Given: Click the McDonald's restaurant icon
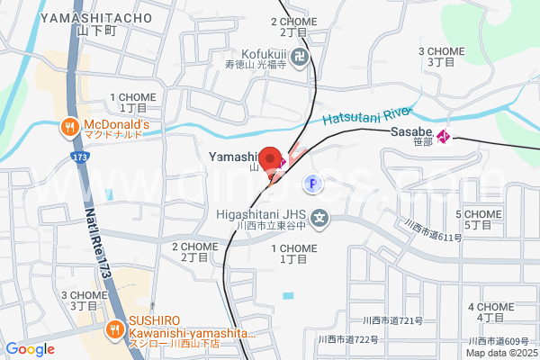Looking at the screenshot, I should tap(68, 127).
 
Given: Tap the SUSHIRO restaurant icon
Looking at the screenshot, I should tap(114, 329).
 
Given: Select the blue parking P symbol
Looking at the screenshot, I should tap(311, 183).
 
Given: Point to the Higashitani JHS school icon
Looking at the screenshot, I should tap(321, 217).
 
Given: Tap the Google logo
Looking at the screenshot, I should tap(30, 349).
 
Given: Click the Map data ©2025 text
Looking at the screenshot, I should tap(500, 352).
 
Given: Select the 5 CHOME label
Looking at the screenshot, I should tap(478, 214).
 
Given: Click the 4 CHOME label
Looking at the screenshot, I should tap(490, 307).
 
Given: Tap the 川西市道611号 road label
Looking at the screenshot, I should tap(433, 231).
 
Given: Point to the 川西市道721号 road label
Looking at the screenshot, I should tap(392, 321).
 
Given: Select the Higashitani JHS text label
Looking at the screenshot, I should tap(262, 214).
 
